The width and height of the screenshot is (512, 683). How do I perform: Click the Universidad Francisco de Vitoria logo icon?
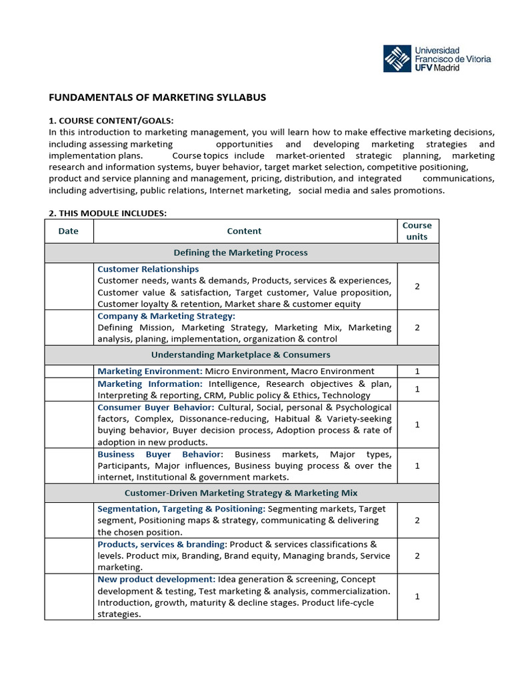click(397, 59)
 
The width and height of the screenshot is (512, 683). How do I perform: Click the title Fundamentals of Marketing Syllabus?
click(157, 97)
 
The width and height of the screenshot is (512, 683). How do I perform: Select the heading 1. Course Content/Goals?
click(111, 120)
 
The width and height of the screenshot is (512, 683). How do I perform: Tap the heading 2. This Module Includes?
click(107, 213)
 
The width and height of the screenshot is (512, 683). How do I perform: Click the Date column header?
click(69, 231)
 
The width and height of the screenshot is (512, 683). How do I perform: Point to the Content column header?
click(244, 231)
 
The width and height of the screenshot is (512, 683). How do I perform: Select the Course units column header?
click(417, 231)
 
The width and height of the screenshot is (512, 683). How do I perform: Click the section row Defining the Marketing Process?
click(241, 253)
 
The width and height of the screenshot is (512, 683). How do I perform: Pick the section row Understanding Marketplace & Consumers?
click(241, 355)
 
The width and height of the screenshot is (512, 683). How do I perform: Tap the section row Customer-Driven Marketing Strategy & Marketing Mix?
click(241, 493)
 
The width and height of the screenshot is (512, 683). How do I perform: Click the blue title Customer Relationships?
click(148, 269)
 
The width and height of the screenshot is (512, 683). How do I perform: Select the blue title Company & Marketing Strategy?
click(166, 316)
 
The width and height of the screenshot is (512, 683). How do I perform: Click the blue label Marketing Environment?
click(149, 372)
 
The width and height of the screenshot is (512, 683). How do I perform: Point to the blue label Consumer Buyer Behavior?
click(156, 408)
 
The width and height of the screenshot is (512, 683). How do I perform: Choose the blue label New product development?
click(156, 580)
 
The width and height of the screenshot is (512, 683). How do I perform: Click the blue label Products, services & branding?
click(162, 544)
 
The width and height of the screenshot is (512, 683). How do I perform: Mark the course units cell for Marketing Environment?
click(417, 372)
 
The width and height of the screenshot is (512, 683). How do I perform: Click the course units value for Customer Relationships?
click(417, 286)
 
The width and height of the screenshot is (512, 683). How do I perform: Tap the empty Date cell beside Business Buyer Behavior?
click(69, 466)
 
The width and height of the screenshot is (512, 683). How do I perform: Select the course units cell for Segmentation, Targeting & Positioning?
click(417, 520)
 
